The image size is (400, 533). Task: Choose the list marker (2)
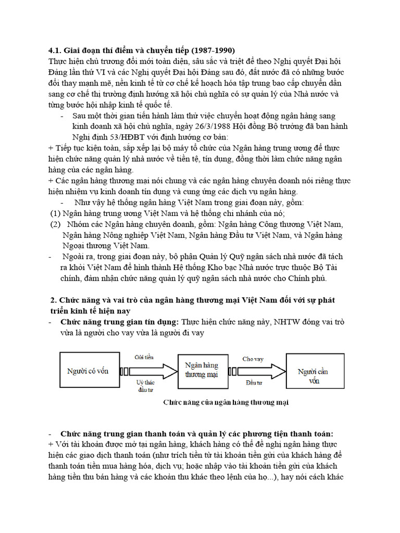(x=55, y=224)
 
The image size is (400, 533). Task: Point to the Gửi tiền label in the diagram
(x=144, y=358)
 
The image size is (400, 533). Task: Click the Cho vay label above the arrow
(x=253, y=359)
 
